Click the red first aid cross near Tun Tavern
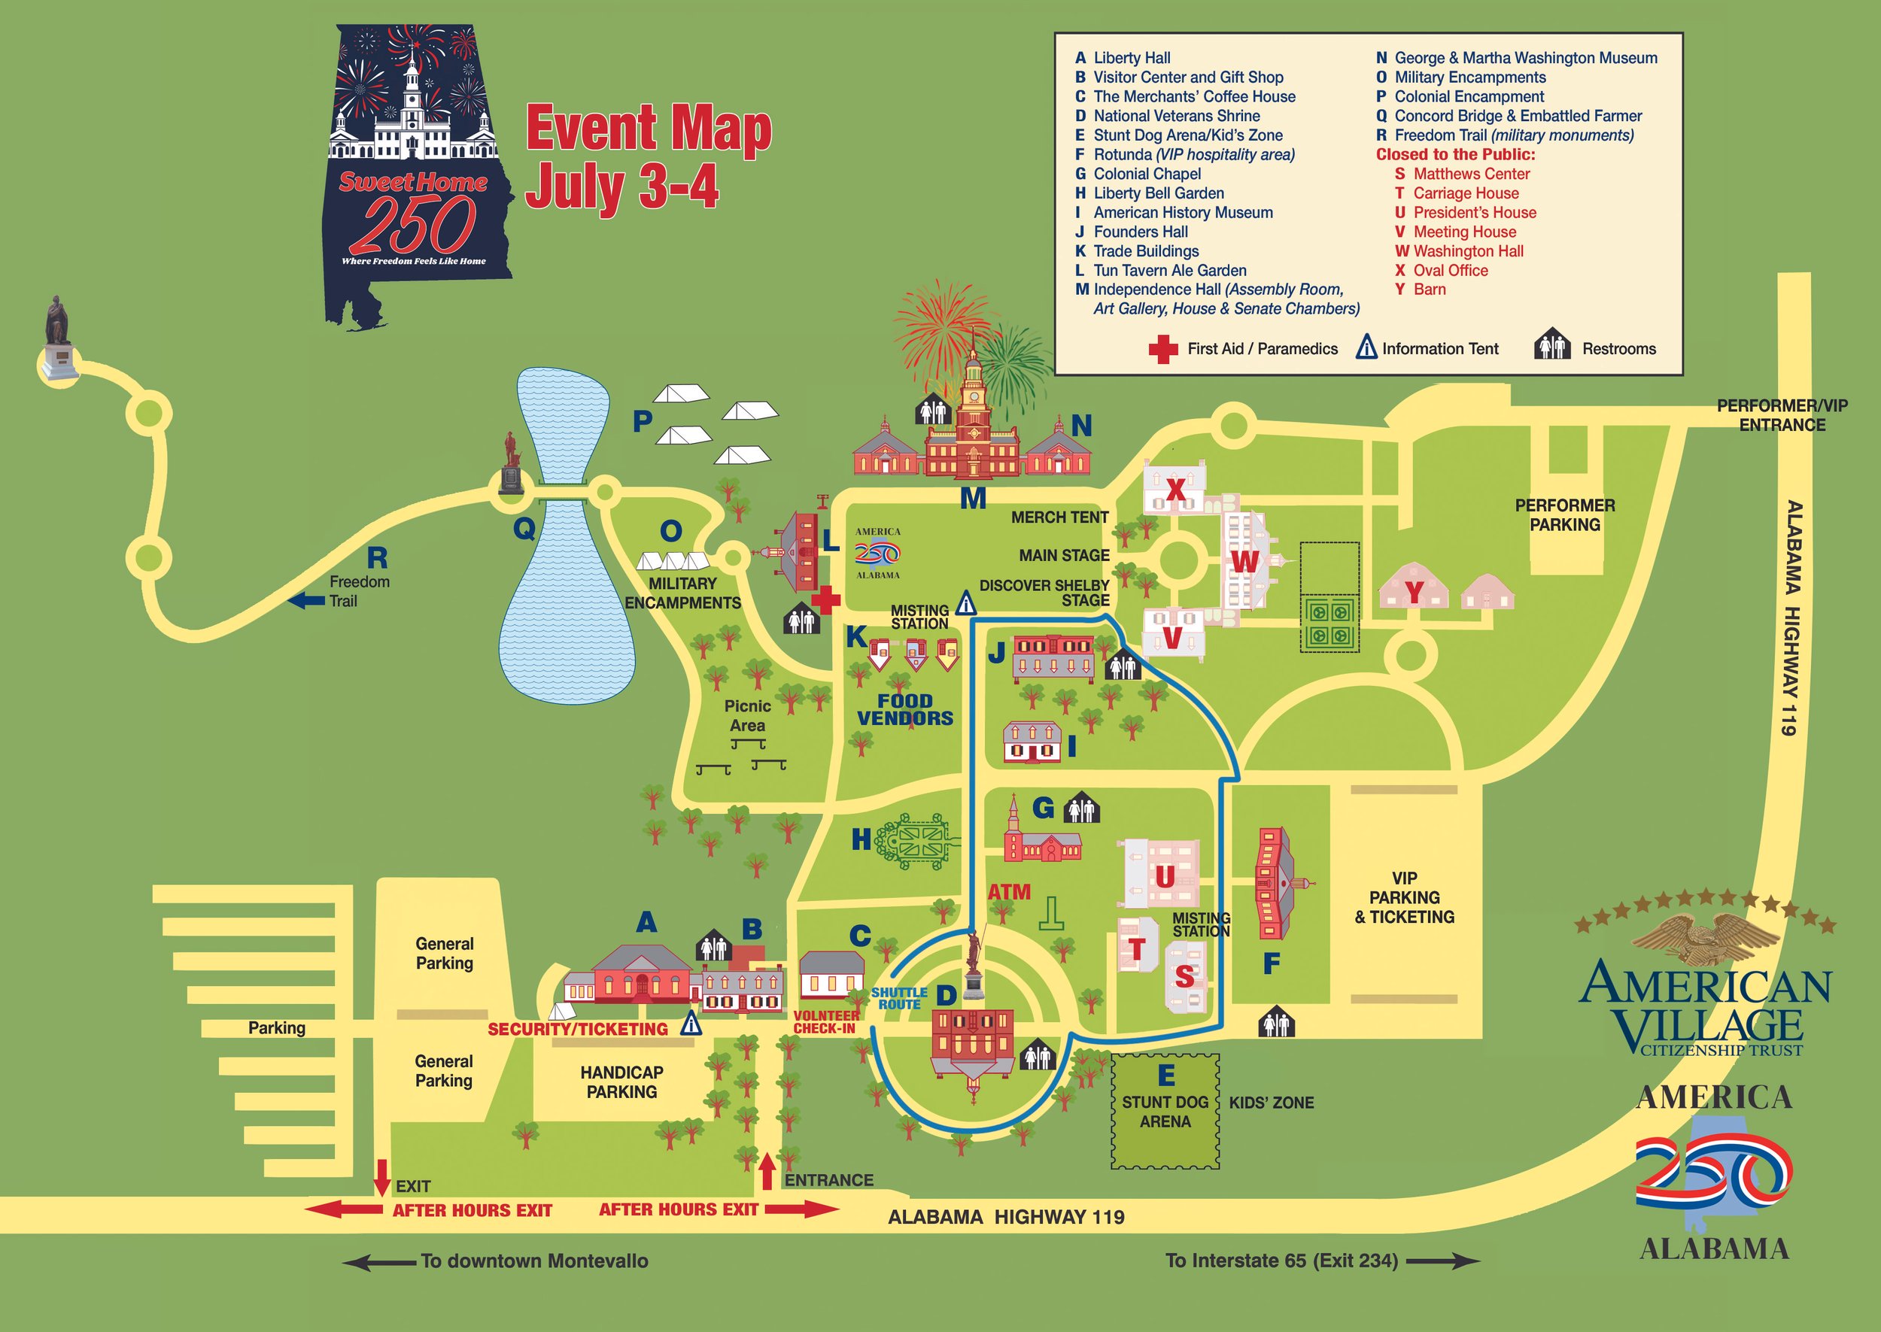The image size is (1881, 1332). click(x=825, y=599)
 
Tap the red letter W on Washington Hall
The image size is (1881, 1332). click(x=1244, y=562)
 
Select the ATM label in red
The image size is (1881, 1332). click(x=1009, y=891)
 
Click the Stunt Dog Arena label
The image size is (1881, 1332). click(x=1165, y=1112)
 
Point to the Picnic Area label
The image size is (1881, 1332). click(x=747, y=715)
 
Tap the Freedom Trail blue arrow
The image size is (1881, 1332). click(x=308, y=601)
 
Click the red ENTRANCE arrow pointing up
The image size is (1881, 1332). click(x=767, y=1170)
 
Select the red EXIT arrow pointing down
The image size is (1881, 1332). click(x=381, y=1176)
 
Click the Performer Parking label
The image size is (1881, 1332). click(x=1564, y=515)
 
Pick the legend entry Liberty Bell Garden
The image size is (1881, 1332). click(x=1158, y=193)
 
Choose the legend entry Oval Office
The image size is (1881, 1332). click(x=1450, y=270)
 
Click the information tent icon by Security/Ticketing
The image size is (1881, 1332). click(x=691, y=1024)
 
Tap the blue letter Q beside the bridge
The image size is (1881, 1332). click(x=524, y=529)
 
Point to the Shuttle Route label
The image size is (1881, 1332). click(x=899, y=998)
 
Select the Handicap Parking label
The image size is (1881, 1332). click(x=621, y=1082)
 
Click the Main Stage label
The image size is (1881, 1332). click(x=1063, y=555)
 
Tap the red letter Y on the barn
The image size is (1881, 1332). click(x=1414, y=591)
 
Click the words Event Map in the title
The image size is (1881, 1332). click(x=648, y=130)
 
